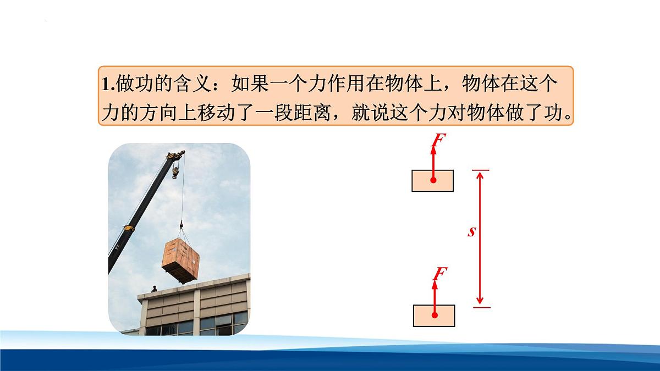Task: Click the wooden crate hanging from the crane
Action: point(181,258)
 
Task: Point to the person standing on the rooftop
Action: point(155,288)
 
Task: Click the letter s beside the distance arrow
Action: point(471,232)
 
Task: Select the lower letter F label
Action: point(439,273)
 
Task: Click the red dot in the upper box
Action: point(433,180)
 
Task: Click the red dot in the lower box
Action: point(435,315)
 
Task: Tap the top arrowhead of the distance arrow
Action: point(480,175)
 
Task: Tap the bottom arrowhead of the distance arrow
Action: point(480,301)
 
